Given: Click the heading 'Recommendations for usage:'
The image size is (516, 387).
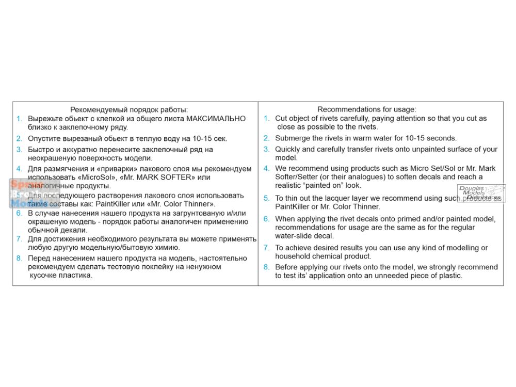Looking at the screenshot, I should (x=367, y=109).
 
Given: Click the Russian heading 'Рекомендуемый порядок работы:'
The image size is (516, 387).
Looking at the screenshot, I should (x=128, y=109).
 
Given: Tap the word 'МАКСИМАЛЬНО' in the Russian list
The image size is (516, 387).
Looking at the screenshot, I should (x=216, y=119).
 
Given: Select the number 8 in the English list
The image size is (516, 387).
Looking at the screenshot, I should (x=266, y=267).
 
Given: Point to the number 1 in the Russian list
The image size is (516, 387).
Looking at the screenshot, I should (x=19, y=119).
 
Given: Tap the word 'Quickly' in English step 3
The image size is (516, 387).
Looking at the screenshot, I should (x=288, y=149).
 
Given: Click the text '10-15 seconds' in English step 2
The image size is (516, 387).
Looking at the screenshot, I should (x=433, y=138).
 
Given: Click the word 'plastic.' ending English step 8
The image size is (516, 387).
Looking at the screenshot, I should (x=448, y=276).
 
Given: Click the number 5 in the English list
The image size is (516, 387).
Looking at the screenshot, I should (x=266, y=199).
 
